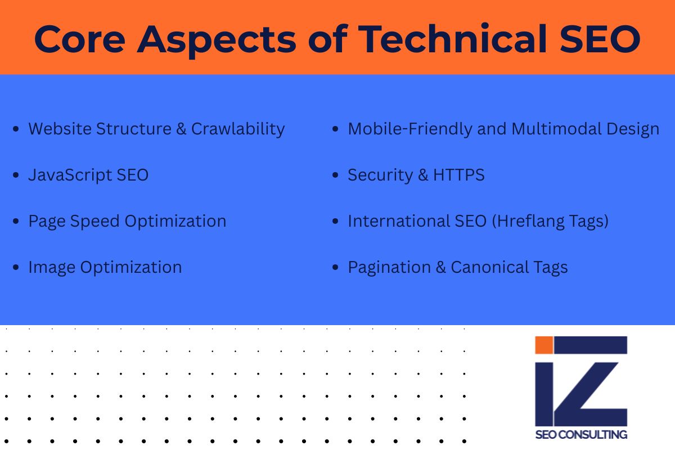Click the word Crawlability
click(238, 129)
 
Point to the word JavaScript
click(70, 175)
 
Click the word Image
click(52, 267)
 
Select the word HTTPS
click(458, 175)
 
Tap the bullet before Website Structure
click(16, 129)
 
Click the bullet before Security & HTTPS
click(335, 175)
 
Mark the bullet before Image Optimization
click(16, 268)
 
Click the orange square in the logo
click(543, 345)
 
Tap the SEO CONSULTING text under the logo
click(581, 434)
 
